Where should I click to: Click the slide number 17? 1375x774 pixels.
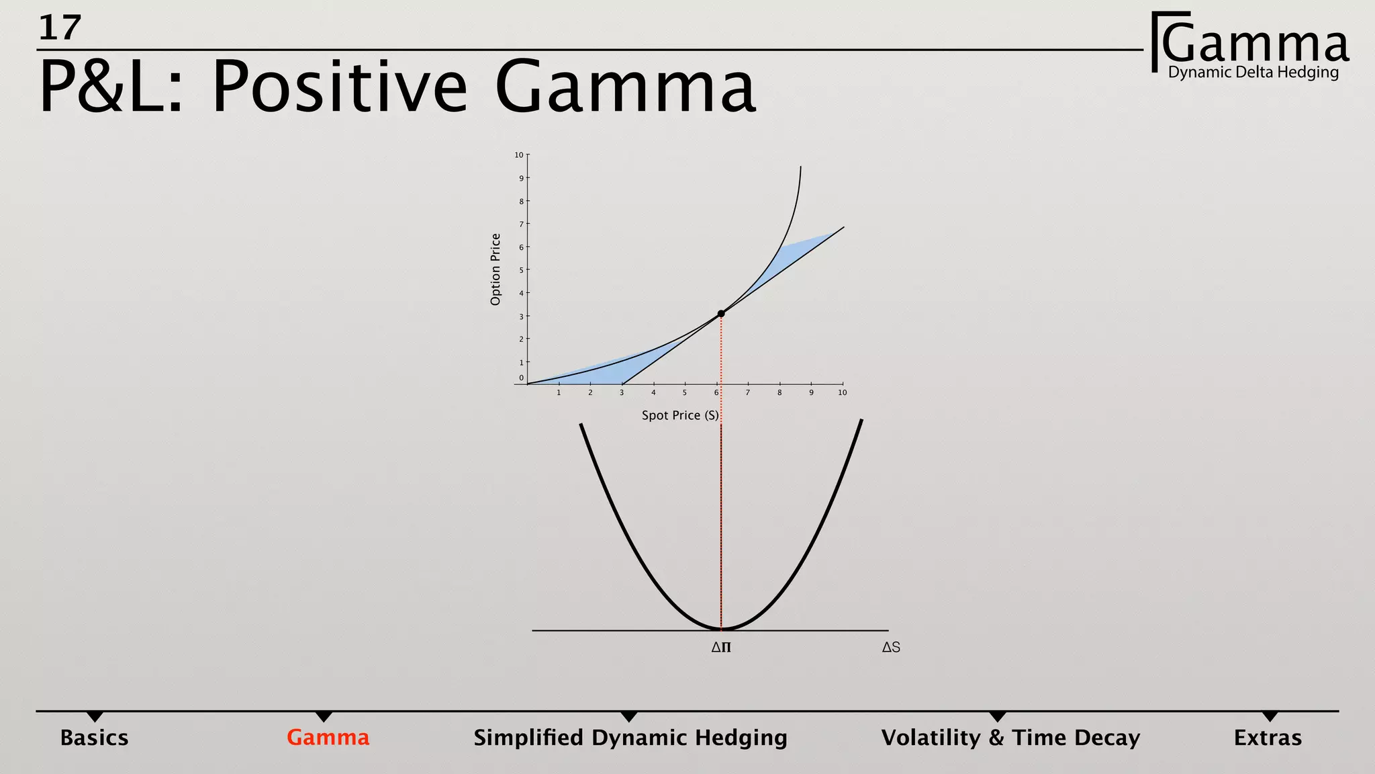click(60, 28)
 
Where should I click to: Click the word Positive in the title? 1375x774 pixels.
click(339, 87)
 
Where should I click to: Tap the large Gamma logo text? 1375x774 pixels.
click(1254, 43)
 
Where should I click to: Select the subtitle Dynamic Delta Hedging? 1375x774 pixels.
click(1253, 73)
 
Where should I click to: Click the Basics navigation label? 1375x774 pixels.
click(94, 738)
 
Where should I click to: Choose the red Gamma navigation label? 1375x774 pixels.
click(328, 738)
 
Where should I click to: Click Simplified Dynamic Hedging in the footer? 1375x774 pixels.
click(630, 738)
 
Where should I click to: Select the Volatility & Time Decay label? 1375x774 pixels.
click(1010, 738)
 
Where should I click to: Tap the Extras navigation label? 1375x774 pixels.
click(1267, 738)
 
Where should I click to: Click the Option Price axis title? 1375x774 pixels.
click(495, 269)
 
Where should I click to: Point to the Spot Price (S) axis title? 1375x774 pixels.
click(679, 415)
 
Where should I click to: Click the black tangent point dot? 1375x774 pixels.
click(721, 314)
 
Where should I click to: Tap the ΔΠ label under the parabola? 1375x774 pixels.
click(721, 648)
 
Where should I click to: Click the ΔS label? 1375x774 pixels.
click(891, 648)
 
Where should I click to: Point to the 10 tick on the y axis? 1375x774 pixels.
click(519, 155)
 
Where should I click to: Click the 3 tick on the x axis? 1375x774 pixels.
click(622, 392)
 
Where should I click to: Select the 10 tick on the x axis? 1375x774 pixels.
click(843, 392)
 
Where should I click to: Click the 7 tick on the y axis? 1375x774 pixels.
click(521, 224)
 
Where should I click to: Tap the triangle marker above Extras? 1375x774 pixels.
click(1269, 717)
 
